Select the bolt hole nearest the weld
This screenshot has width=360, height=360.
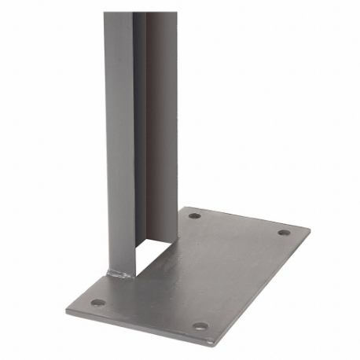[x=97, y=302]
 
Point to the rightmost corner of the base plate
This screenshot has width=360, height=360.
[x=310, y=230]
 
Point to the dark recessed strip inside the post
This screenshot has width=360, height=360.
[x=140, y=118]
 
